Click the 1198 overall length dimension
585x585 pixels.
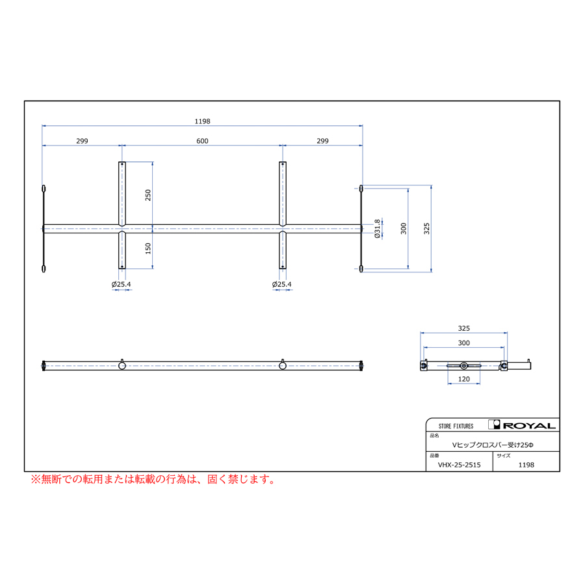202,122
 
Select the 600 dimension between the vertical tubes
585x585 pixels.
202,141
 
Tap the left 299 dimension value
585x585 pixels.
82,141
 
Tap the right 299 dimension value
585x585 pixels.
322,141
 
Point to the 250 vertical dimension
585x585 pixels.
148,195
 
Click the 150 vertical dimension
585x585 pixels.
148,248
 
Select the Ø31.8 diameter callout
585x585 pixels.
377,229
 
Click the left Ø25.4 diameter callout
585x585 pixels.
122,284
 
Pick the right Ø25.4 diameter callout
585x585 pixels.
281,284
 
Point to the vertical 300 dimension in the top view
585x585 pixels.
403,229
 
